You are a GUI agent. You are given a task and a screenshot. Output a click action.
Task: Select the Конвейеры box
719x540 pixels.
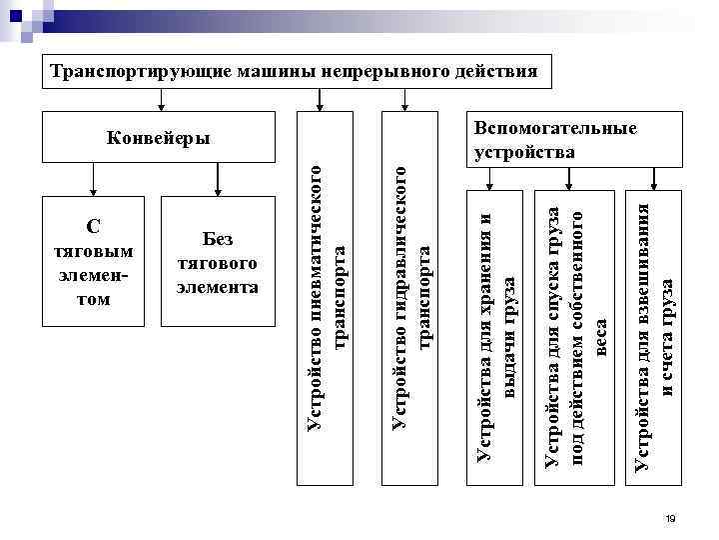(158, 136)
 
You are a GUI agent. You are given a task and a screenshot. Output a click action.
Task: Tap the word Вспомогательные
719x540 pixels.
(555, 129)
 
